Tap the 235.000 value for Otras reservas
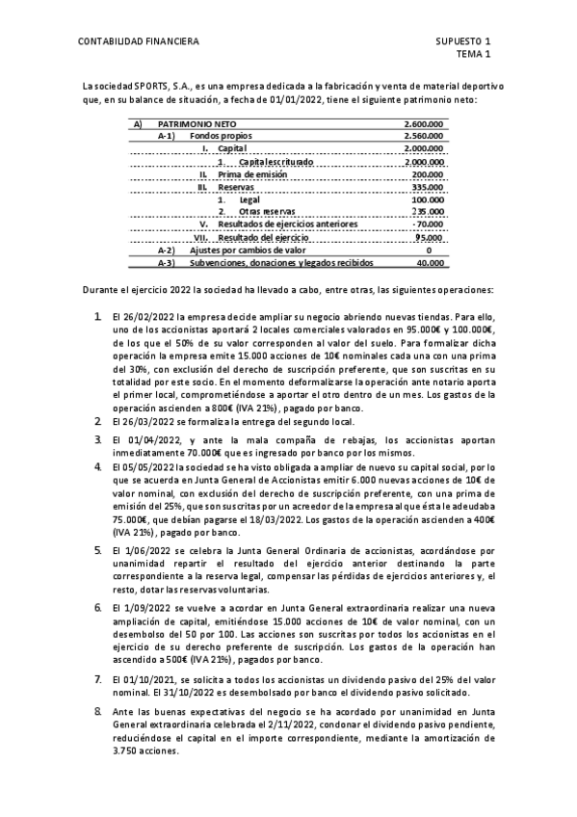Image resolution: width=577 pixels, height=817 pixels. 428,211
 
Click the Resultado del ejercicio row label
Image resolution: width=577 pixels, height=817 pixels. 263,237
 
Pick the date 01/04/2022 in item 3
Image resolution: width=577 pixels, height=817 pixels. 156,440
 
